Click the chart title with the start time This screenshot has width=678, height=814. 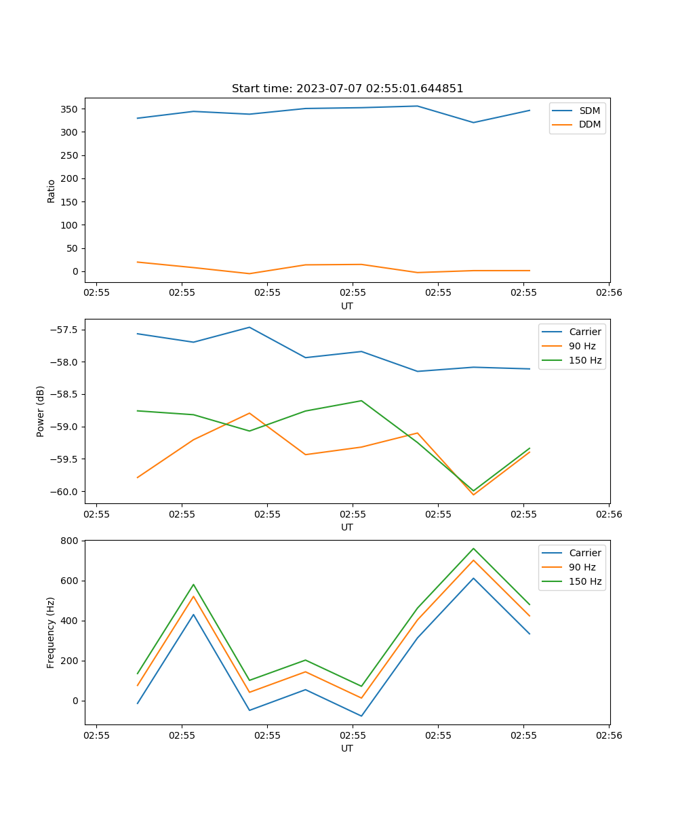point(347,89)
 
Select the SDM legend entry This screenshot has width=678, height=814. point(589,111)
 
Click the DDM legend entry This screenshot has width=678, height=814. point(589,124)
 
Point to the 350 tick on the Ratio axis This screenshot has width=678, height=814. point(70,109)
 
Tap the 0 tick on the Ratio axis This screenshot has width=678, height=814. point(76,271)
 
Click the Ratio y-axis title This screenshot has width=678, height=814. point(52,191)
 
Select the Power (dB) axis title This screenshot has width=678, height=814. point(41,411)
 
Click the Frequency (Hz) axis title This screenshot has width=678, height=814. point(51,632)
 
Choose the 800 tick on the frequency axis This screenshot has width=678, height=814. point(71,541)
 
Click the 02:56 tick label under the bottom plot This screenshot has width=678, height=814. point(608,735)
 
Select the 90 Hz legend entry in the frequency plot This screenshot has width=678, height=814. point(582,567)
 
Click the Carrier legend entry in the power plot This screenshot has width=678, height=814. point(584,332)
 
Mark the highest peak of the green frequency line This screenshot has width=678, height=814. point(473,548)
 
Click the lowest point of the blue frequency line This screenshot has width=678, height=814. point(361,716)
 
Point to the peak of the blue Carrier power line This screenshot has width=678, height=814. point(250,327)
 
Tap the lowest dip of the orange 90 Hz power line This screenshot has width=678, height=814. point(473,495)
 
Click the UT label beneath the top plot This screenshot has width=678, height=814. point(347,306)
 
